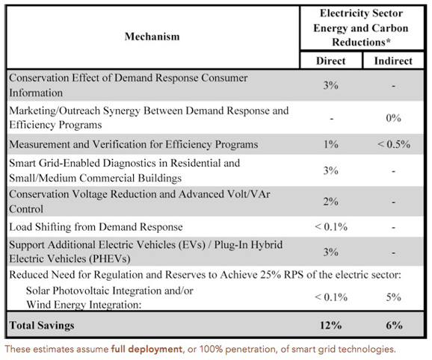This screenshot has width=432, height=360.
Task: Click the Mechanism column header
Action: click(x=152, y=37)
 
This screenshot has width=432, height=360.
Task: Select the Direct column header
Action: click(x=330, y=60)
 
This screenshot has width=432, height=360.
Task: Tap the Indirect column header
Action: click(x=393, y=60)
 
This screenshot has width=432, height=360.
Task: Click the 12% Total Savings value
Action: click(x=330, y=326)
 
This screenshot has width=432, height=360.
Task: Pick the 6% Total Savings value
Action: click(x=394, y=326)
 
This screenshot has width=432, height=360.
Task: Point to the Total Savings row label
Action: click(x=42, y=326)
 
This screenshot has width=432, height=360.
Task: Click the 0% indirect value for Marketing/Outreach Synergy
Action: click(x=393, y=118)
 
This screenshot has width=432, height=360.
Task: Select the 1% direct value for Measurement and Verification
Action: click(x=331, y=144)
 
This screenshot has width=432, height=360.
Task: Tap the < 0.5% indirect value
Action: click(x=394, y=144)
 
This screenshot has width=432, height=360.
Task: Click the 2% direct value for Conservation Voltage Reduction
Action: click(x=331, y=202)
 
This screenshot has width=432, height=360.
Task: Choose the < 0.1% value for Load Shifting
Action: click(x=331, y=227)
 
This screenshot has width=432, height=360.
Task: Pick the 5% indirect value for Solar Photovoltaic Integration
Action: click(x=393, y=297)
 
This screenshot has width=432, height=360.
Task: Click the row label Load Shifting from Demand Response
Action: click(x=96, y=227)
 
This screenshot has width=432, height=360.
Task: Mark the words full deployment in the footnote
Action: click(x=146, y=350)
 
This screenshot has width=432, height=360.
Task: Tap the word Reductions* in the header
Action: click(x=361, y=42)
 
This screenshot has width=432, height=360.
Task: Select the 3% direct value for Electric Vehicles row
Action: click(x=331, y=252)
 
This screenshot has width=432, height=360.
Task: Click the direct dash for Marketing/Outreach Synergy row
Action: click(x=331, y=119)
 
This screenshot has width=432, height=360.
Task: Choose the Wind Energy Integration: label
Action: click(x=84, y=305)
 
